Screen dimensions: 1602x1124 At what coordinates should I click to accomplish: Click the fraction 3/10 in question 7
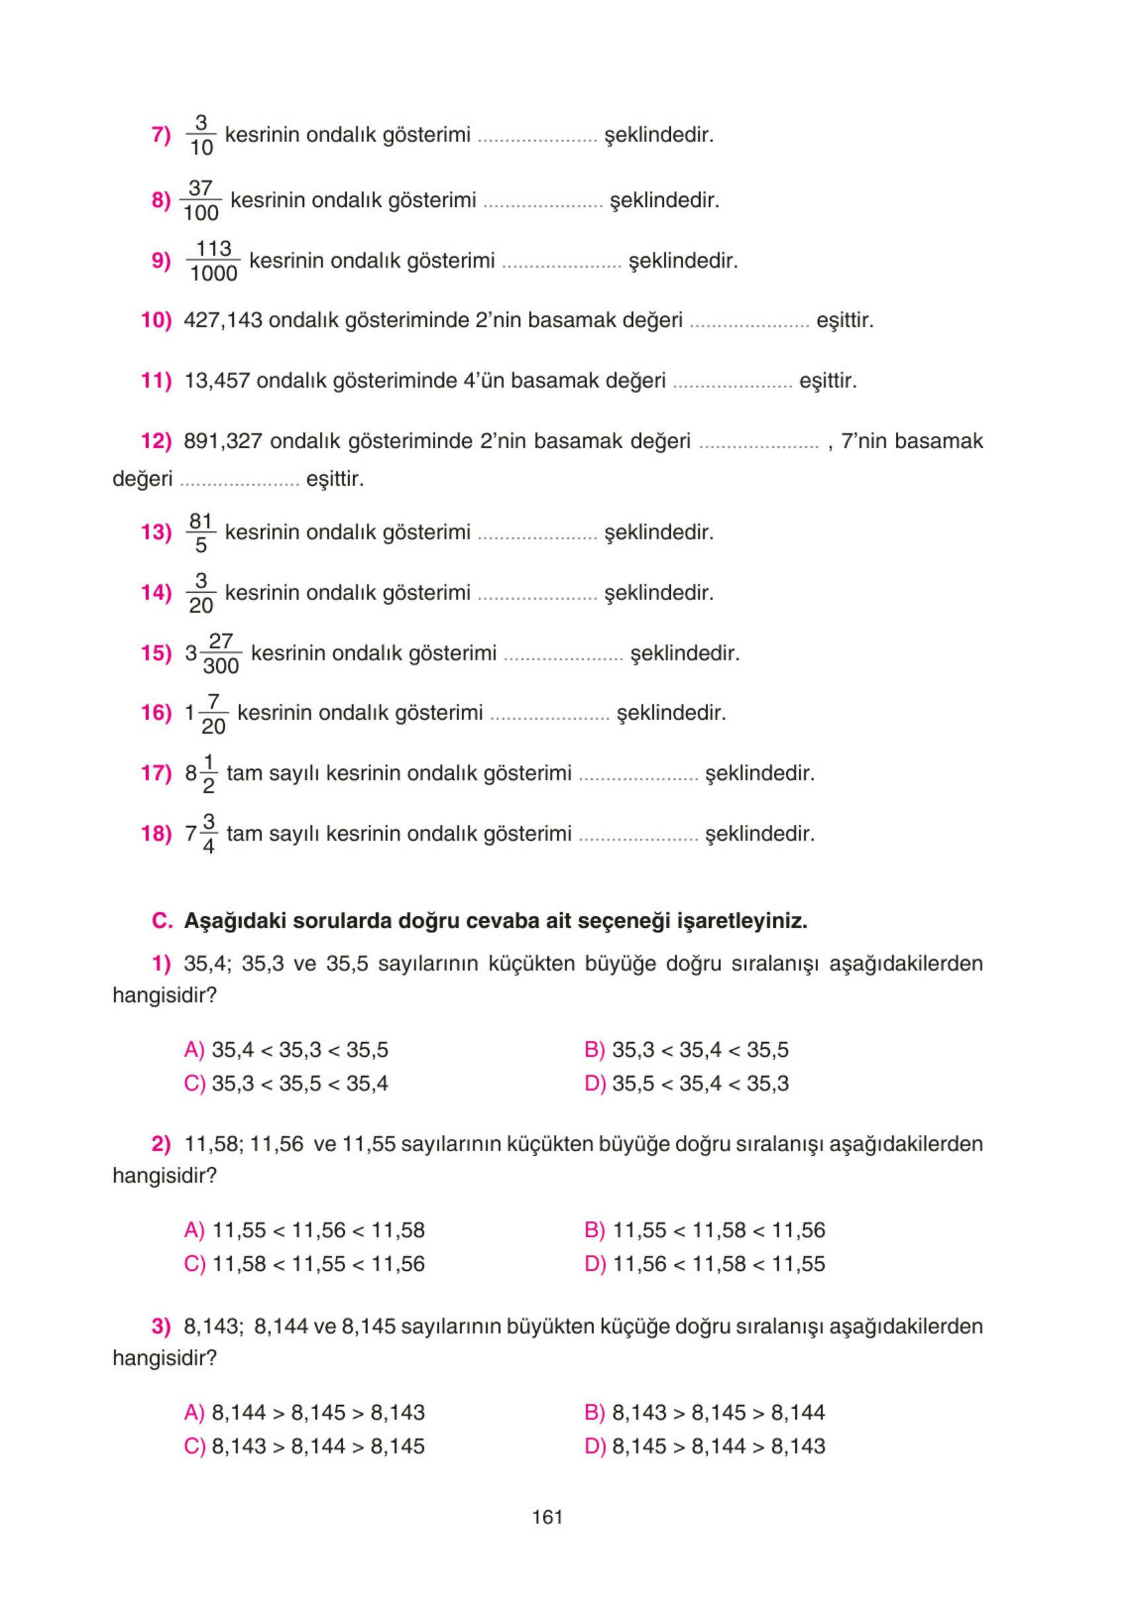pyautogui.click(x=201, y=135)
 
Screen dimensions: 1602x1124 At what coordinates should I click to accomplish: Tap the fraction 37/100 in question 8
pyautogui.click(x=200, y=200)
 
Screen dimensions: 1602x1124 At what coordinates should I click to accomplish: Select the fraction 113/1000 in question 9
pyautogui.click(x=213, y=261)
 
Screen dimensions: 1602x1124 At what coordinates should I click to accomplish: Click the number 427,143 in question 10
pyautogui.click(x=223, y=321)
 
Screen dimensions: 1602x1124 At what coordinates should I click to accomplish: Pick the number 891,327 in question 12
pyautogui.click(x=223, y=441)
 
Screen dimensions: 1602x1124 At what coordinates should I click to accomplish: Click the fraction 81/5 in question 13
pyautogui.click(x=201, y=533)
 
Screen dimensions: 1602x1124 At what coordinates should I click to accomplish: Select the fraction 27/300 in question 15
pyautogui.click(x=221, y=653)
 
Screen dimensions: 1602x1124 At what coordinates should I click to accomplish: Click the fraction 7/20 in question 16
pyautogui.click(x=213, y=713)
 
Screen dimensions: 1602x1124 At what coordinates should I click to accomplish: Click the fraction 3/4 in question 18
pyautogui.click(x=208, y=833)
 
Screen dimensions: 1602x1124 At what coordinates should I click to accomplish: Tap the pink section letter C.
pyautogui.click(x=162, y=921)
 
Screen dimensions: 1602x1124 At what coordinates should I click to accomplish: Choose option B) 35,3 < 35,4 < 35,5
pyautogui.click(x=687, y=1049)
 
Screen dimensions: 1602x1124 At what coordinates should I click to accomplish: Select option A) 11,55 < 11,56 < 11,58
pyautogui.click(x=304, y=1230)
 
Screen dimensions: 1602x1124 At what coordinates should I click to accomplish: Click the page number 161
pyautogui.click(x=547, y=1517)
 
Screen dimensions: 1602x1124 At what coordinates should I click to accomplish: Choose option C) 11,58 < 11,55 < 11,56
pyautogui.click(x=304, y=1264)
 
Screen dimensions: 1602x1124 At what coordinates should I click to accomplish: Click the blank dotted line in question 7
pyautogui.click(x=537, y=137)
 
